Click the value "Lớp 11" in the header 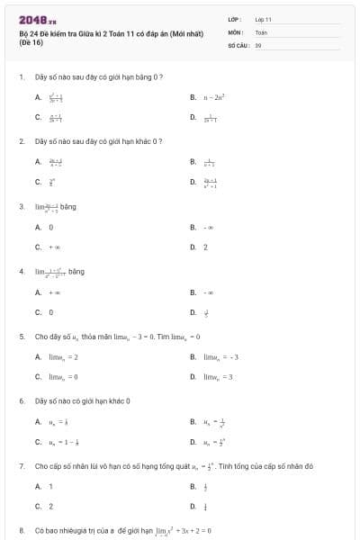coord(263,19)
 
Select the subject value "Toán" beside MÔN coord(261,31)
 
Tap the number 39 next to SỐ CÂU coord(258,44)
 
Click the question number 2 coord(21,141)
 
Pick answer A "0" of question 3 coord(50,227)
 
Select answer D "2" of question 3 coord(205,247)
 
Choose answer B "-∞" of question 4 coord(208,292)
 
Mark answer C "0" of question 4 coord(50,312)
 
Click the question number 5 coord(21,336)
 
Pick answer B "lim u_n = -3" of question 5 coord(220,356)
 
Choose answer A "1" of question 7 coord(50,486)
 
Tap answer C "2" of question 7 coord(50,506)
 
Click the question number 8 coord(21,530)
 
